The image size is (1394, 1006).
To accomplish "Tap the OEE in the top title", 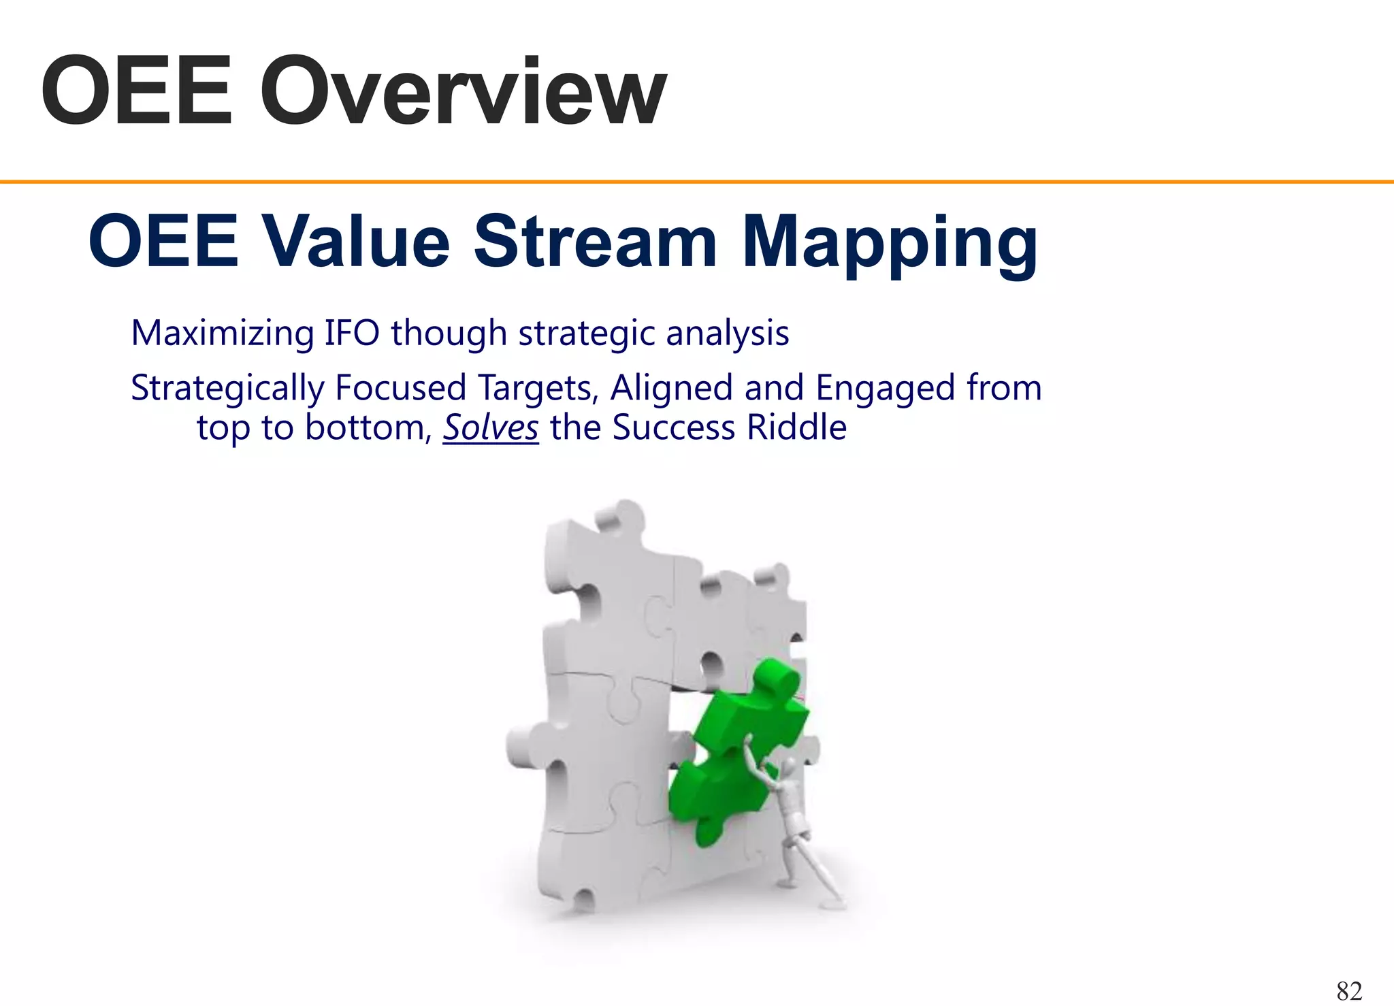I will [x=136, y=92].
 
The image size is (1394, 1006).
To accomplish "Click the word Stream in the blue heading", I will [x=595, y=242].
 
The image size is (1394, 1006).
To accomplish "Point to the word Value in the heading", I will [x=356, y=242].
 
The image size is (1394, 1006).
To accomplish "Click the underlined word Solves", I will [x=490, y=428].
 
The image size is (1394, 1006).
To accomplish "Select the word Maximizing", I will [x=223, y=334].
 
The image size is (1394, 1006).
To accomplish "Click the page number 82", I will [x=1349, y=990].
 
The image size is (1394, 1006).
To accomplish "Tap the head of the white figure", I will [x=788, y=767].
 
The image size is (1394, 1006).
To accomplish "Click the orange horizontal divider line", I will [x=697, y=182].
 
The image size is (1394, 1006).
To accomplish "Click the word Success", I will [x=673, y=428].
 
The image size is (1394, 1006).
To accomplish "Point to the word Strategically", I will [x=227, y=389].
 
